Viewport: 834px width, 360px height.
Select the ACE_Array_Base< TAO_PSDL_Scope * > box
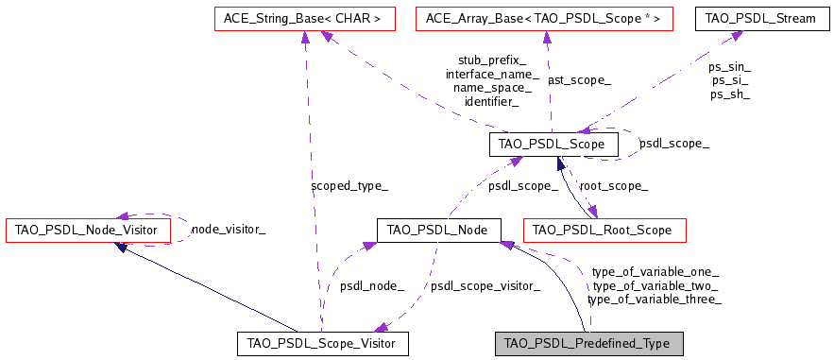point(544,18)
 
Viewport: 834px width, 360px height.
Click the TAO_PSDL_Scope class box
point(553,145)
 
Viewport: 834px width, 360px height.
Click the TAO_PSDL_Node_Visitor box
point(88,230)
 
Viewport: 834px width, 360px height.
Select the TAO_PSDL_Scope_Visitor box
point(322,343)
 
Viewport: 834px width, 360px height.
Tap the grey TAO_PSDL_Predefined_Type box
point(587,343)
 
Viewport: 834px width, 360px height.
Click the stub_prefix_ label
point(492,60)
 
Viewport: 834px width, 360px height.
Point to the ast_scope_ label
point(578,80)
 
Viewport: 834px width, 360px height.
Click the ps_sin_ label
point(729,67)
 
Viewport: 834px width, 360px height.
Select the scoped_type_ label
point(349,186)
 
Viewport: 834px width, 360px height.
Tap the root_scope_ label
point(613,187)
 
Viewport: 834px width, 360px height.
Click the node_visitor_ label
point(229,229)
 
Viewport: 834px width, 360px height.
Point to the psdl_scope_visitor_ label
point(485,285)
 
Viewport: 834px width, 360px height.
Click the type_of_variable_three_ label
point(655,300)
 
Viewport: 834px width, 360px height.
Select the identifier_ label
point(491,101)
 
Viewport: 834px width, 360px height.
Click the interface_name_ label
point(492,74)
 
